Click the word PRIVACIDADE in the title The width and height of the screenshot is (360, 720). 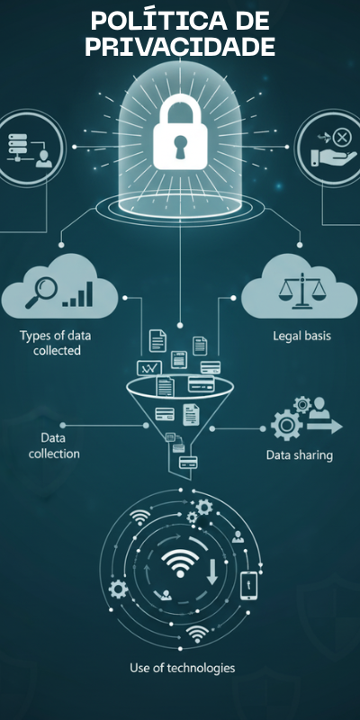[180, 47]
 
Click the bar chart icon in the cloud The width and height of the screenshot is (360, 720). [78, 294]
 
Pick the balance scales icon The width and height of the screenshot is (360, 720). [301, 290]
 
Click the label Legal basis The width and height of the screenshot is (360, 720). [301, 336]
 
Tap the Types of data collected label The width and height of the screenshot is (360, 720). [55, 343]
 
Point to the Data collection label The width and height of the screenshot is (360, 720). [54, 445]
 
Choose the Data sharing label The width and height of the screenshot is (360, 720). [300, 455]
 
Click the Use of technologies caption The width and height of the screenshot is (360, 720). [183, 667]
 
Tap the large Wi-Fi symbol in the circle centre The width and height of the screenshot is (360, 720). [180, 563]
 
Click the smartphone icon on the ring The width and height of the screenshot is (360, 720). [248, 586]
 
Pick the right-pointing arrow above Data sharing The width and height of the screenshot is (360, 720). [324, 427]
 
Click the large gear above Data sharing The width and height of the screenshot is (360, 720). [286, 425]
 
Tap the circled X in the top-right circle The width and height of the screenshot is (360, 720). [341, 137]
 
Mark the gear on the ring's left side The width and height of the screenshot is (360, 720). [118, 589]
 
